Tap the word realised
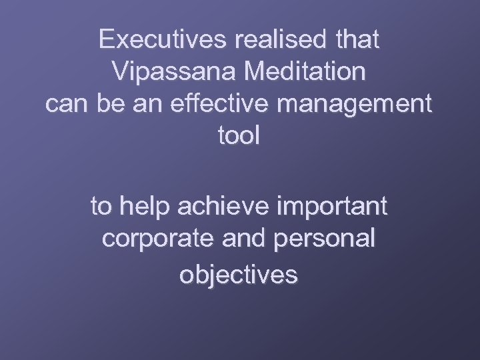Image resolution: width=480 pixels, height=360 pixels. coord(275,40)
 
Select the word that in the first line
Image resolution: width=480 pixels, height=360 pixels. coord(356,40)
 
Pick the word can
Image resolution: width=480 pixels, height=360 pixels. coord(65,105)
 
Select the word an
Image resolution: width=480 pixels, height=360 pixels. coord(141,105)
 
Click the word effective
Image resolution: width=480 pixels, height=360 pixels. coord(209,105)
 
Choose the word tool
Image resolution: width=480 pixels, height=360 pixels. coord(239,137)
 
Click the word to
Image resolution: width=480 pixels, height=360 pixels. coord(102,207)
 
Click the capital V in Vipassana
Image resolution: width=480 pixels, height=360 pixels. coord(121,72)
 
